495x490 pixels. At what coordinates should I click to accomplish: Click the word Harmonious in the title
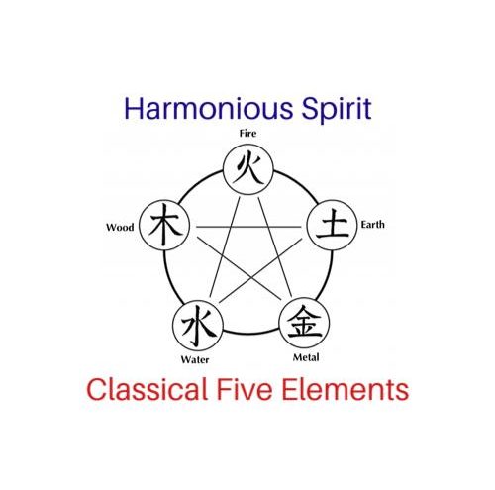click(x=209, y=108)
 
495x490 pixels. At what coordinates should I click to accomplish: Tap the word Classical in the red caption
click(x=147, y=389)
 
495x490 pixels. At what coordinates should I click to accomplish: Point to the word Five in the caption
click(x=245, y=389)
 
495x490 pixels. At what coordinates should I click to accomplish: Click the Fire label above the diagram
click(x=247, y=134)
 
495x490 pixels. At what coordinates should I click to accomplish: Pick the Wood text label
click(x=120, y=227)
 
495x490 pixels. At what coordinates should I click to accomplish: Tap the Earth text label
click(x=372, y=225)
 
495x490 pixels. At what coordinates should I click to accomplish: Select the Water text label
click(x=195, y=359)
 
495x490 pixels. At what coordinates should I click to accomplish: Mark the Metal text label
click(x=306, y=357)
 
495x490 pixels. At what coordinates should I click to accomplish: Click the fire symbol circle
click(x=248, y=169)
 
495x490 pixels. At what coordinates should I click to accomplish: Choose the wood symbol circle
click(x=164, y=225)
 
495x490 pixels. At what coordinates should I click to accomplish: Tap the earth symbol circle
click(x=332, y=225)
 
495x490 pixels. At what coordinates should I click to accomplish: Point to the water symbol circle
click(x=198, y=326)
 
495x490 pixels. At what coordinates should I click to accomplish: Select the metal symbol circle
click(x=304, y=323)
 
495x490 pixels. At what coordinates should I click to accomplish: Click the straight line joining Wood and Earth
click(x=248, y=227)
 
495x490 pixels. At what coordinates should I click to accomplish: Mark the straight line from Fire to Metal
click(x=275, y=245)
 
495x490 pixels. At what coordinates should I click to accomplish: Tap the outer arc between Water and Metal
click(x=251, y=333)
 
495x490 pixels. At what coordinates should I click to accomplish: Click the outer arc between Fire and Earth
click(x=298, y=183)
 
